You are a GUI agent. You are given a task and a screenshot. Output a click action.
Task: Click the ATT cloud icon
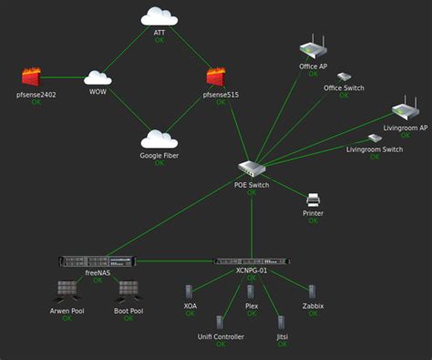pos(159,16)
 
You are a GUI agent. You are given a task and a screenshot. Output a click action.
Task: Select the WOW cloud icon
pos(98,78)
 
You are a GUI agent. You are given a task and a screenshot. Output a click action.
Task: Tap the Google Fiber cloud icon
pos(159,139)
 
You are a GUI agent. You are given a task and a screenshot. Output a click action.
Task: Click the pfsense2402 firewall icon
pos(36,77)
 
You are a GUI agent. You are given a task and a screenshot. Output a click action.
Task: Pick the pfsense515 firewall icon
pos(217,77)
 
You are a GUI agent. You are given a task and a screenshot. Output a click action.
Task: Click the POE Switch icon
pos(251,169)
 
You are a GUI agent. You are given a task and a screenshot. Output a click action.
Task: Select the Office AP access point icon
pos(313,48)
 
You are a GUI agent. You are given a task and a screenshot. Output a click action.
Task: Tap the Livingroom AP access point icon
pos(405,111)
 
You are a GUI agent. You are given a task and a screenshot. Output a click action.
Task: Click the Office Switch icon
pos(345,77)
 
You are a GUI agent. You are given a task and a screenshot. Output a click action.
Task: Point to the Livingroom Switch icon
pos(375,139)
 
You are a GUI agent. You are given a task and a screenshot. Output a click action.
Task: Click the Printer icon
pos(313,199)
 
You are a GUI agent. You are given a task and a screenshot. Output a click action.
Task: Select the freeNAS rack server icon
pos(97,262)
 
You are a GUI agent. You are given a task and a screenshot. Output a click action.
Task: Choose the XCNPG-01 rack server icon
pos(251,261)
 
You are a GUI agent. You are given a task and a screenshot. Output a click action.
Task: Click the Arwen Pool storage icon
pos(67,291)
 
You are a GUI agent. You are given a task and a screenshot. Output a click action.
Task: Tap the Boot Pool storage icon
pos(128,291)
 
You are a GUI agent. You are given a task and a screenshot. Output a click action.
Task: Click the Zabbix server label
pos(313,306)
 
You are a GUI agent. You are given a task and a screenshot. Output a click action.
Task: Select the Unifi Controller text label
pos(221,337)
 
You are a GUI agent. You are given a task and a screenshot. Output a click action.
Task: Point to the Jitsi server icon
pos(282,322)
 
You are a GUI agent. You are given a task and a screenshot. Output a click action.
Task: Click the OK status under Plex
pos(252,314)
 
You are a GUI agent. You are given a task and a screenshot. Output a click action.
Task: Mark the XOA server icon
pos(190,292)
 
